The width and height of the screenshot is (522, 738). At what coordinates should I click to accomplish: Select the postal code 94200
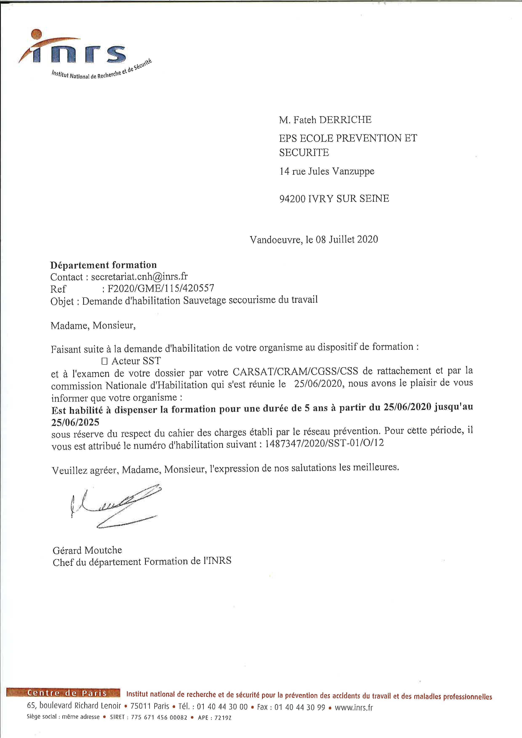point(292,199)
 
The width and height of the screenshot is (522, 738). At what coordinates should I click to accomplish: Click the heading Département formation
point(104,265)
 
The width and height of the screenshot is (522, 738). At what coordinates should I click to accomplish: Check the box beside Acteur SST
point(104,362)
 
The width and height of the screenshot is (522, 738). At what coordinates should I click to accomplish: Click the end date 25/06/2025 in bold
point(75,422)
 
